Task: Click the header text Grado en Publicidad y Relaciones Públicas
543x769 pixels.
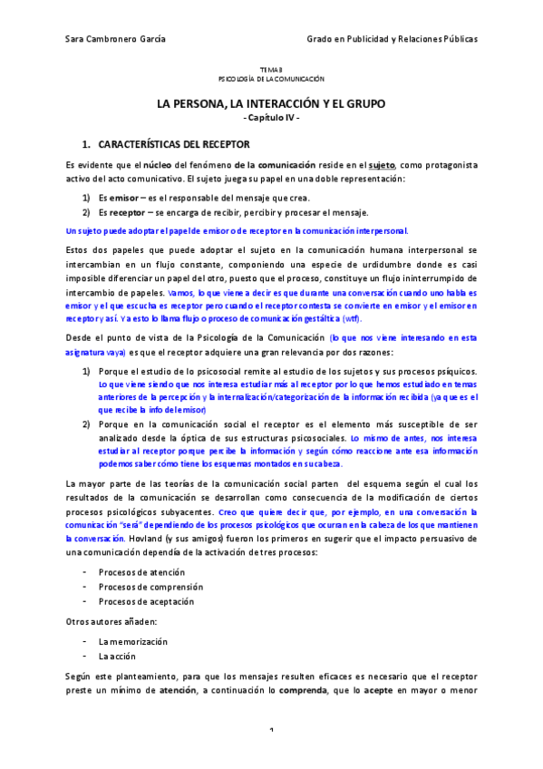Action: [x=393, y=40]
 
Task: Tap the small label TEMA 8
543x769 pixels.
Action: [x=271, y=71]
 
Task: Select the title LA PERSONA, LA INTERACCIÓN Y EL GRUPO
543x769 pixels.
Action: [x=271, y=104]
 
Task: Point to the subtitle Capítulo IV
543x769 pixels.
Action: [x=271, y=120]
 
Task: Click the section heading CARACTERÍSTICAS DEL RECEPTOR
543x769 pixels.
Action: [x=173, y=144]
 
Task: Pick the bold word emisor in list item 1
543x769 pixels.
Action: [x=123, y=198]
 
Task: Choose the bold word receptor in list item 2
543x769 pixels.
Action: [x=128, y=212]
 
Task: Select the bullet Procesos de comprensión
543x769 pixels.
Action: [x=150, y=587]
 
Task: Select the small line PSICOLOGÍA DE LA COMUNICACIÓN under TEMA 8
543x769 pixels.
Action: [x=271, y=80]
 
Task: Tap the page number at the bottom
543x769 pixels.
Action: [x=271, y=755]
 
